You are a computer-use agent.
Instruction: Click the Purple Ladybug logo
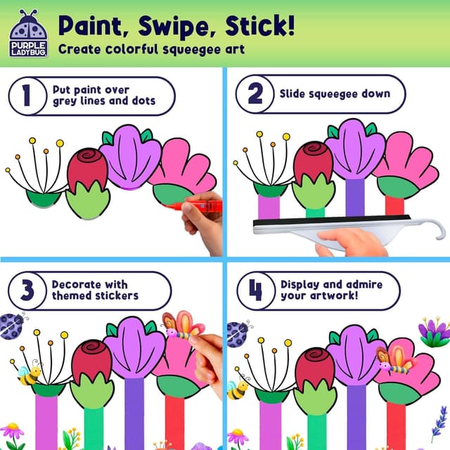point(29,33)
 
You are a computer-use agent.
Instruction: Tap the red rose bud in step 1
point(87,169)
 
